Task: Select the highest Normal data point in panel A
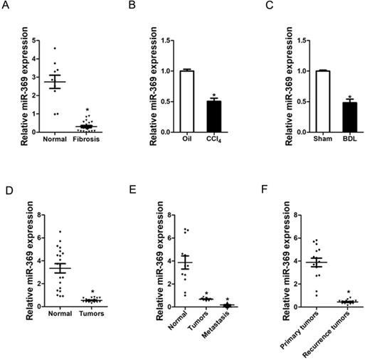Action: (x=55, y=48)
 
